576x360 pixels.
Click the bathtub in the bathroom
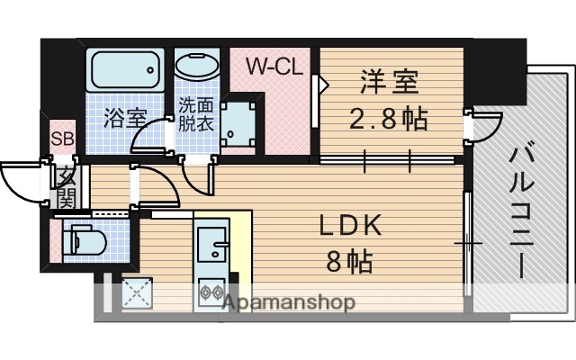coord(125,69)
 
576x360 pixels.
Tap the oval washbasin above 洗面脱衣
coord(195,67)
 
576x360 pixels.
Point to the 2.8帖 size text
coord(389,118)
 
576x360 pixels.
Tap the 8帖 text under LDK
coord(348,263)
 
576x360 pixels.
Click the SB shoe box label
coord(62,139)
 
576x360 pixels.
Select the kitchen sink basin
coord(211,240)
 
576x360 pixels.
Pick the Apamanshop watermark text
coord(288,302)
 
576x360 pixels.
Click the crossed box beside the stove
coord(138,294)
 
